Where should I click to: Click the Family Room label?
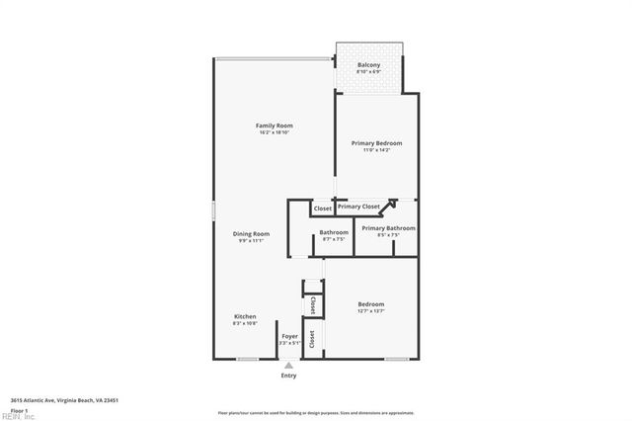pyautogui.click(x=275, y=126)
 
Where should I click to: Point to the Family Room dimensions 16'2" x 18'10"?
pyautogui.click(x=275, y=132)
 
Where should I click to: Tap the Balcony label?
pyautogui.click(x=368, y=65)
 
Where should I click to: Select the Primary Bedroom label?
pyautogui.click(x=376, y=143)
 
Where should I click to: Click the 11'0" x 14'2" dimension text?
pyautogui.click(x=376, y=150)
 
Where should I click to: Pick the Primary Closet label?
pyautogui.click(x=358, y=207)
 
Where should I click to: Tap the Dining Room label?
pyautogui.click(x=251, y=233)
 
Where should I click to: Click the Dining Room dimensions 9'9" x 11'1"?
pyautogui.click(x=251, y=240)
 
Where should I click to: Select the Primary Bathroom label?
pyautogui.click(x=387, y=228)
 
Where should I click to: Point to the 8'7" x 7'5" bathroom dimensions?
pyautogui.click(x=333, y=239)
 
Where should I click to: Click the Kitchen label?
pyautogui.click(x=245, y=316)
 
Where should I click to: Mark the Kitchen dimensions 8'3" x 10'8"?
pyautogui.click(x=245, y=323)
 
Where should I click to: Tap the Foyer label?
pyautogui.click(x=289, y=336)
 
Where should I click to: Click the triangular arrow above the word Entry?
pyautogui.click(x=288, y=365)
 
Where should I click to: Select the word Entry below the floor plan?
pyautogui.click(x=288, y=376)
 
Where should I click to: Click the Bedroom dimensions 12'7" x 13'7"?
pyautogui.click(x=371, y=311)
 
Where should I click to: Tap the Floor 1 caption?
pyautogui.click(x=19, y=409)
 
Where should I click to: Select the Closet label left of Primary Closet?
pyautogui.click(x=323, y=209)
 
